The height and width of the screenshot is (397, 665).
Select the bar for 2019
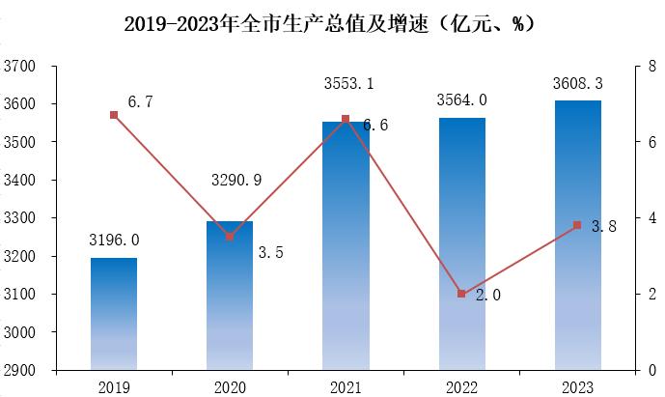[x=114, y=313]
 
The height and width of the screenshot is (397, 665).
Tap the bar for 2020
[x=230, y=295]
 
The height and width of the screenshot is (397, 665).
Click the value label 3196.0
[x=114, y=240]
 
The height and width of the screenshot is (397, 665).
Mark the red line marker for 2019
[x=114, y=115]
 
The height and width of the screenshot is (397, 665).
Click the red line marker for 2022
[x=461, y=294]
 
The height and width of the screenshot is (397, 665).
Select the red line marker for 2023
[x=577, y=225]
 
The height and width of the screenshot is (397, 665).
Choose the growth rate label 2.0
[x=487, y=296]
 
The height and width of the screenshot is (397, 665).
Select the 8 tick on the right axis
[x=652, y=67]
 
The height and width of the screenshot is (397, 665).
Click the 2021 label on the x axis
[x=346, y=386]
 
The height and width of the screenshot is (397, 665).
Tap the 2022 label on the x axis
[x=461, y=386]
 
